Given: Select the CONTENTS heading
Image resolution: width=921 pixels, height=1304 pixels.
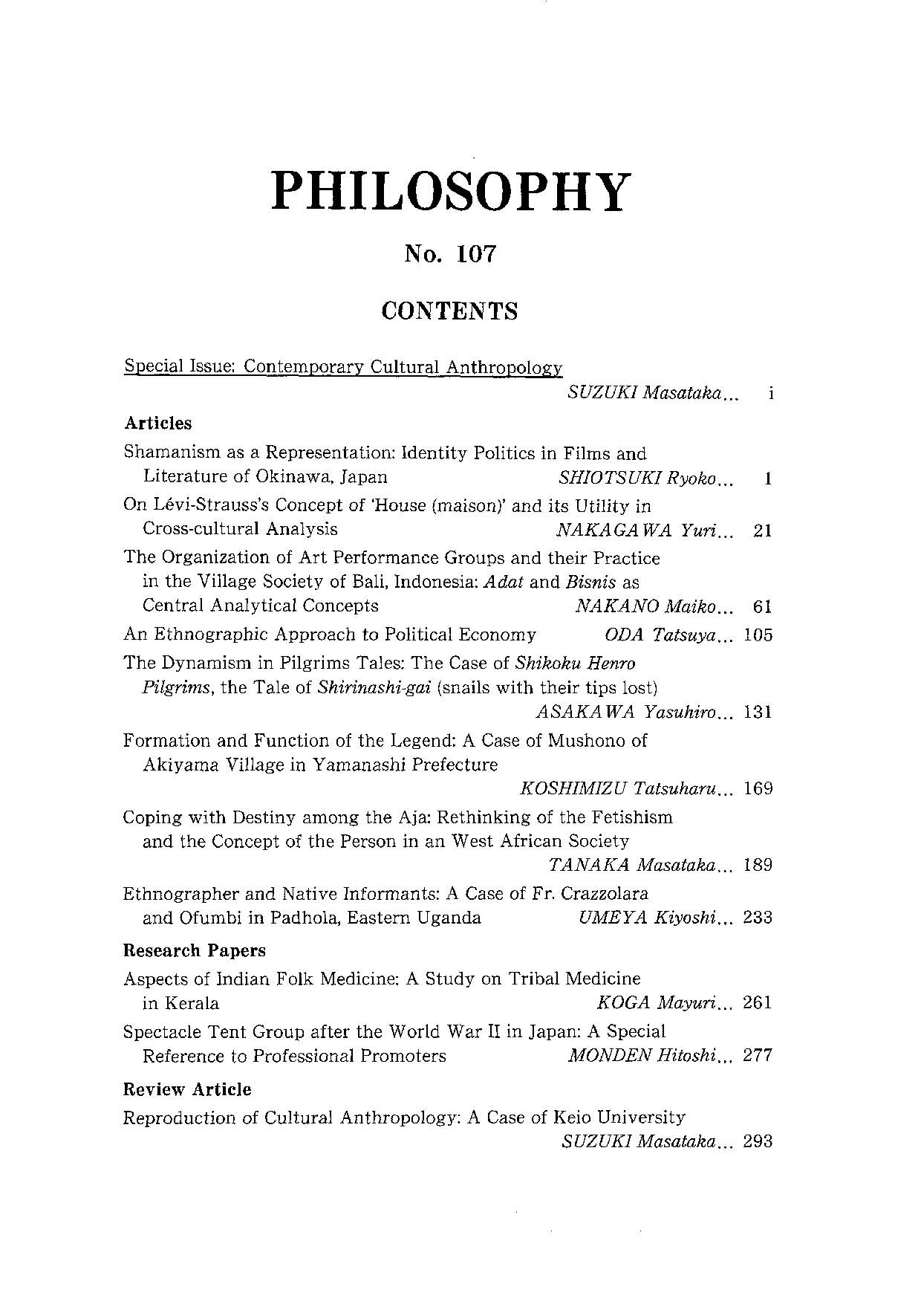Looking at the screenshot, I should (449, 311).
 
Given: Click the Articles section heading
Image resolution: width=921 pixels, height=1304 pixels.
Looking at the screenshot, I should (157, 424).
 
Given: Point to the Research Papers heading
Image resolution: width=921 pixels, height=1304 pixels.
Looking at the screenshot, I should (194, 950).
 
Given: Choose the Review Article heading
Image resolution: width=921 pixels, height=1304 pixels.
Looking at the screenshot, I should (186, 1089).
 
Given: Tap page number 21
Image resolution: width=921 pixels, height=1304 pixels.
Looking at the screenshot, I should (762, 530).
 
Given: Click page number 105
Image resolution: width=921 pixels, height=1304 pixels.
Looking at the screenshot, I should (758, 635).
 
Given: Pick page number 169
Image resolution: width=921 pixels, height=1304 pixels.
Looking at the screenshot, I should (758, 788).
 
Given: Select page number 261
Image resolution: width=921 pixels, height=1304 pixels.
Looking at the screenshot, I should (758, 1003).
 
